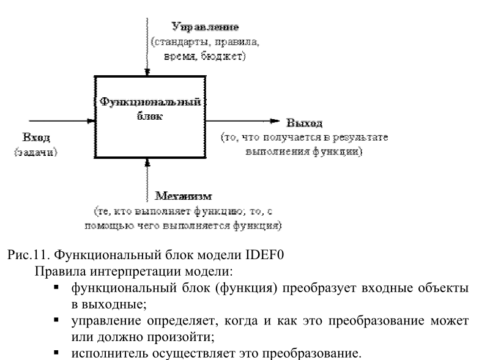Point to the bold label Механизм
(183, 197)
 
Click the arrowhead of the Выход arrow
(278, 121)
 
